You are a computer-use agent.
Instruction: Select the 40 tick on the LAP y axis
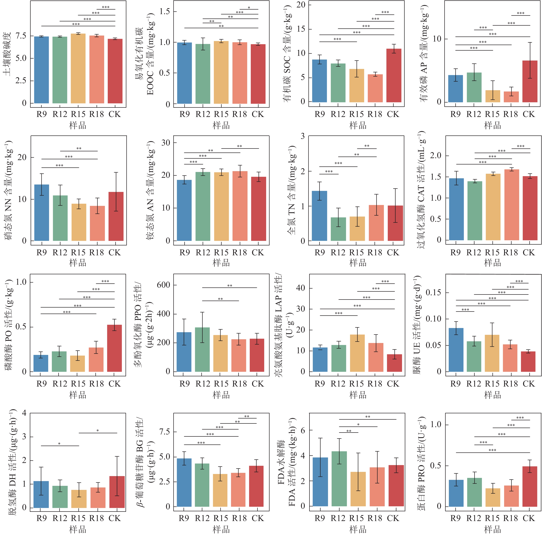[x=300, y=288]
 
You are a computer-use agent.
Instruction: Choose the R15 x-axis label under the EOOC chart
[x=221, y=114]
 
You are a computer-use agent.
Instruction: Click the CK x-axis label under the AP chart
[x=529, y=114]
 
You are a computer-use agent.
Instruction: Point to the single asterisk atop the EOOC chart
[x=249, y=8]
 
